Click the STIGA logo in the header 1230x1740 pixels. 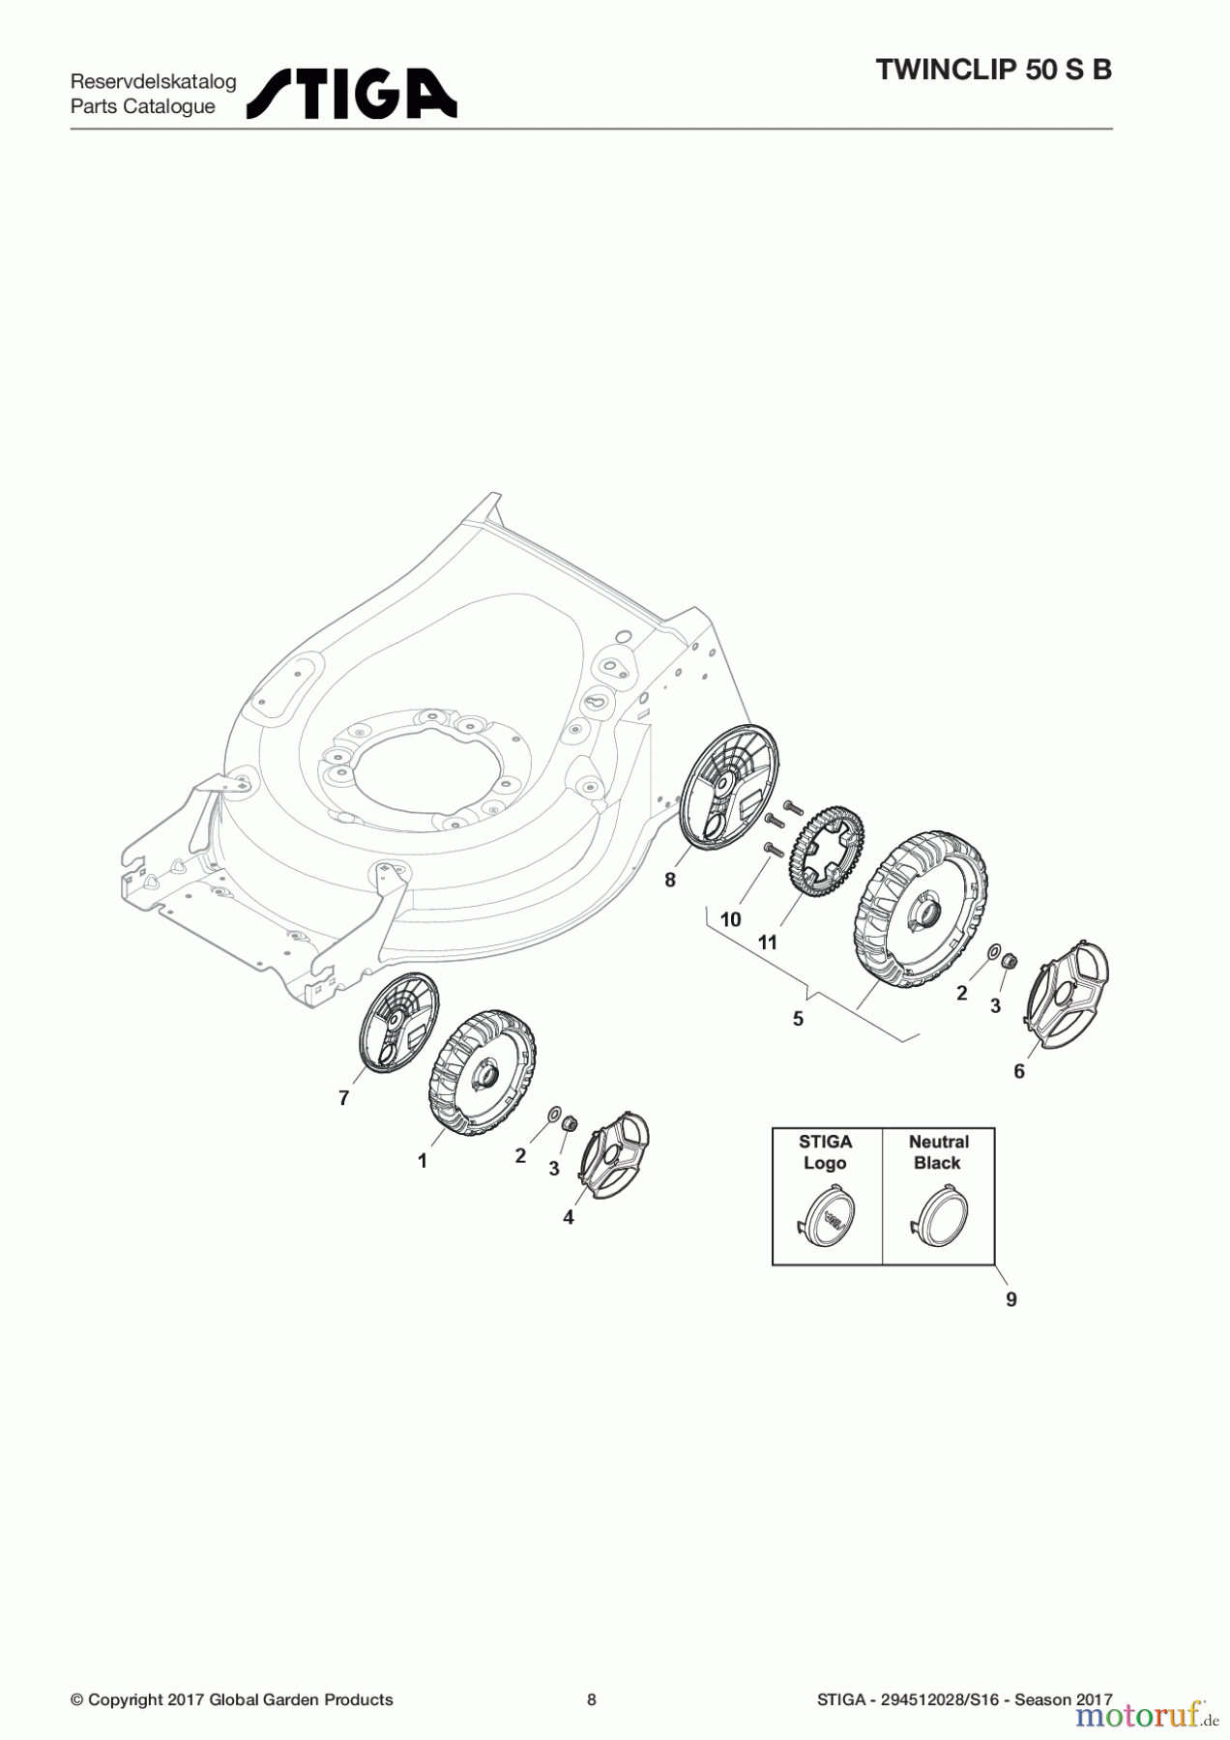click(352, 94)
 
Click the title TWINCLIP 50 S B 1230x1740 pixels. click(993, 70)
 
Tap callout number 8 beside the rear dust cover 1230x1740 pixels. click(670, 880)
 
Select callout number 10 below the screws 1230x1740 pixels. click(731, 919)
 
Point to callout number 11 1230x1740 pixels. click(768, 942)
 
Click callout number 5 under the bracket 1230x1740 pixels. click(798, 1019)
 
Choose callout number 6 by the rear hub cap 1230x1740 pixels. click(1019, 1071)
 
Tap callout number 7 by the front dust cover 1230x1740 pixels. click(343, 1098)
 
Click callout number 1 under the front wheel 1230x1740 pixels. click(423, 1161)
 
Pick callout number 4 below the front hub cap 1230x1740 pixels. click(569, 1218)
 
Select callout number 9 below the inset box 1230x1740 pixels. click(1011, 1299)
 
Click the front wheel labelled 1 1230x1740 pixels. click(482, 1072)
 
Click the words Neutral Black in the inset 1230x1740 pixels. click(938, 1152)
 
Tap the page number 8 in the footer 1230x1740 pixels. click(592, 1699)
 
